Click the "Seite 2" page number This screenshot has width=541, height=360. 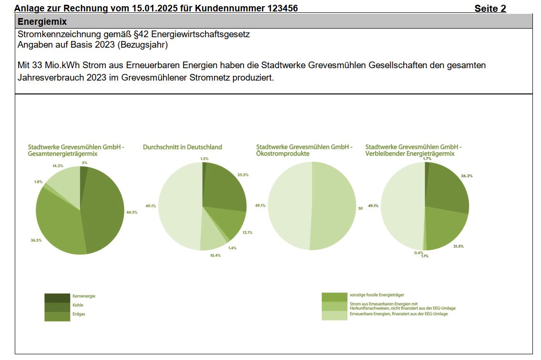click(490, 9)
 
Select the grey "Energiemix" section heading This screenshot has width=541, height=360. click(42, 21)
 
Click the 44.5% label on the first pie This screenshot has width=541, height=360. click(132, 212)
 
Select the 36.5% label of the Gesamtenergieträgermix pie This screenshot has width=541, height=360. click(36, 240)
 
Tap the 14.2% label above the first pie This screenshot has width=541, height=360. click(58, 166)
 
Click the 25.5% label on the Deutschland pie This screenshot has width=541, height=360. click(243, 175)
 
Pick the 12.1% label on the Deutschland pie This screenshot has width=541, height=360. click(247, 233)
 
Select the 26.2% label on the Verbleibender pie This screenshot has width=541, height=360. click(467, 176)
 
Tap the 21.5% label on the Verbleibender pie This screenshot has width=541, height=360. click(459, 246)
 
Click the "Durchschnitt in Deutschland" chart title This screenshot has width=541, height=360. click(182, 147)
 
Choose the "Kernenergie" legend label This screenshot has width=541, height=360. click(83, 296)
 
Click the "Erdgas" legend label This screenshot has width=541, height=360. click(79, 314)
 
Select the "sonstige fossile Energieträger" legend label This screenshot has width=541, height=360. click(377, 295)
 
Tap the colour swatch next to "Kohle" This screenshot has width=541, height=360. click(57, 306)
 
